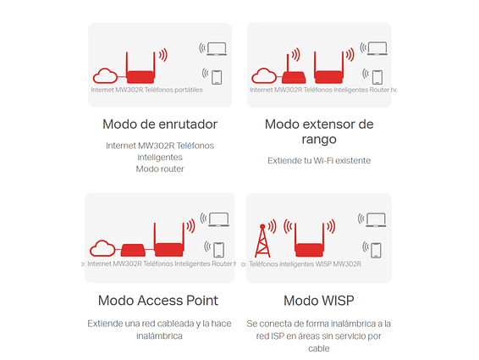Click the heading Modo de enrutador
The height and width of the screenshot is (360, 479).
(160, 125)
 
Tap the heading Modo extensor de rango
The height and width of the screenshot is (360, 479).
(319, 131)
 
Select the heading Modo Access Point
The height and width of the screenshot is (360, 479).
(158, 301)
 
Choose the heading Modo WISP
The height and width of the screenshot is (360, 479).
(318, 301)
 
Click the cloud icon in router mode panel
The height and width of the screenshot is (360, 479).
(105, 76)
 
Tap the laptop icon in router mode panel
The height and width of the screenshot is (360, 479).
(217, 48)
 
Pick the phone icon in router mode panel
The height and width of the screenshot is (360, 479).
(217, 77)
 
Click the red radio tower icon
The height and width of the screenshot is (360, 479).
(262, 241)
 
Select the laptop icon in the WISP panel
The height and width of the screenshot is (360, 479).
(376, 220)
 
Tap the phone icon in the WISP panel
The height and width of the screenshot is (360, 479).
(376, 250)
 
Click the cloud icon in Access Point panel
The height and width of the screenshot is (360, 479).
(102, 248)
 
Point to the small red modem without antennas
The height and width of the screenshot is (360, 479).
(133, 250)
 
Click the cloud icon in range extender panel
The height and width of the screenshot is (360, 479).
(264, 76)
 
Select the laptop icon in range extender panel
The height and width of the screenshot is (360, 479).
(377, 48)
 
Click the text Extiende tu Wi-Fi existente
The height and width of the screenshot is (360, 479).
(319, 161)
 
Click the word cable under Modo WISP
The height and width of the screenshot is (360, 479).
(318, 349)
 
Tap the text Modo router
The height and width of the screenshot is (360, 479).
(160, 169)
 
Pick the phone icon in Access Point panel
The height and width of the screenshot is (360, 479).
(218, 250)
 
